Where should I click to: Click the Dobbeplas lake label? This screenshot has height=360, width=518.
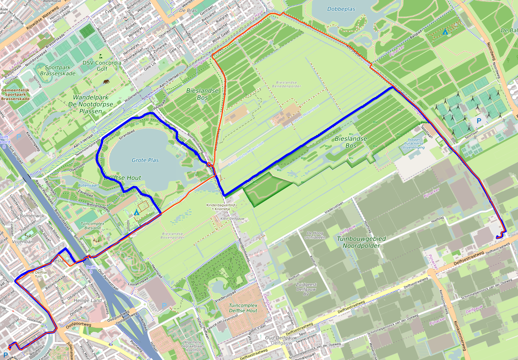(341, 9)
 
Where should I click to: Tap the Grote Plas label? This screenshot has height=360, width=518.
(145, 160)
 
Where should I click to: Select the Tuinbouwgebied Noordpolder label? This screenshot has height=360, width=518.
(361, 242)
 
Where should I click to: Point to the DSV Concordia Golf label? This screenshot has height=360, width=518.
(102, 66)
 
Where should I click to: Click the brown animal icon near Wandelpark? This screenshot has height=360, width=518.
(107, 81)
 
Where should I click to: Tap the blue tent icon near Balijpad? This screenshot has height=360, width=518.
(445, 32)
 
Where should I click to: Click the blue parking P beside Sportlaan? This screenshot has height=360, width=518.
(479, 121)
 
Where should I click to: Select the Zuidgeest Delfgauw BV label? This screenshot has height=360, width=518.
(306, 289)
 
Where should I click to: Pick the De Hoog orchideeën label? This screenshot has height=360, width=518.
(315, 235)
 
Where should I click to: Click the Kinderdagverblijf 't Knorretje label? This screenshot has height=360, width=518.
(221, 207)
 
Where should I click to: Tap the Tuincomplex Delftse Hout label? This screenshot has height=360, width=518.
(243, 308)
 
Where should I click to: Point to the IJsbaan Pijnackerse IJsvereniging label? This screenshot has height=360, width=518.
(414, 143)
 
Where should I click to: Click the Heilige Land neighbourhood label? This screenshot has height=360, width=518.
(87, 300)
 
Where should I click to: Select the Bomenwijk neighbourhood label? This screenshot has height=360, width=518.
(32, 216)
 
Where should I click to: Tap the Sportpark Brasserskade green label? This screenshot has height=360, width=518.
(58, 70)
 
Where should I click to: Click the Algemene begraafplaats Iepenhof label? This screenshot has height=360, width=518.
(193, 346)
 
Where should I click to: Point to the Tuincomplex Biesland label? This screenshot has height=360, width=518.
(92, 226)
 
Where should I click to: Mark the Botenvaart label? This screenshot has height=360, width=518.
(89, 185)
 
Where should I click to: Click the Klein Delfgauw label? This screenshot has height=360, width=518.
(232, 218)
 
